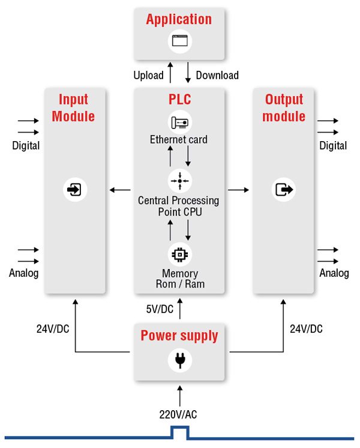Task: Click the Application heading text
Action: point(179,19)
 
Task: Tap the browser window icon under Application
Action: point(179,41)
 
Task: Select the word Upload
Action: point(148,75)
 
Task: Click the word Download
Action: point(217,75)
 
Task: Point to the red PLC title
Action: point(179,99)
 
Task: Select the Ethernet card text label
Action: point(179,139)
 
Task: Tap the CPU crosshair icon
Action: point(179,180)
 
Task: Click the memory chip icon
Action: point(179,254)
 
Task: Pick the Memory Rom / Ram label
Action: point(179,279)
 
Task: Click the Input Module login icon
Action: point(75,190)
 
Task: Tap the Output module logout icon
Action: point(284,190)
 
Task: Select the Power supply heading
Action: point(179,335)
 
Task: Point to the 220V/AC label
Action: point(179,414)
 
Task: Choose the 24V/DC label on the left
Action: point(53,328)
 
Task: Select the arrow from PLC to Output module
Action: point(238,190)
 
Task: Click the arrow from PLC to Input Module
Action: point(120,190)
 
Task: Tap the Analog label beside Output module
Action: point(334,273)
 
